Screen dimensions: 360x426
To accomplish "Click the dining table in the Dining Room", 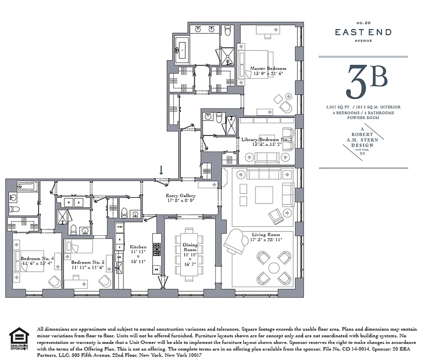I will point(189,254).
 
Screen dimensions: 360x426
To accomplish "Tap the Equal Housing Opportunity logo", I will point(19,338).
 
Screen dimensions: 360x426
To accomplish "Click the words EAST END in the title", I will point(363,32).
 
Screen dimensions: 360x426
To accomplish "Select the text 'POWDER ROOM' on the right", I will point(363,117).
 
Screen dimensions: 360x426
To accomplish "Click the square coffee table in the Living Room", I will point(264,195).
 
